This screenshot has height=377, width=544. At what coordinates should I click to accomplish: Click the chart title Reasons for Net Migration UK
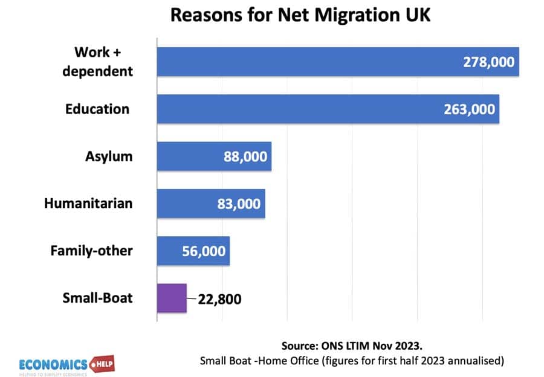click(x=300, y=15)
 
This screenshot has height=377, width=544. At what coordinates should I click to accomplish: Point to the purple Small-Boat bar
click(x=172, y=298)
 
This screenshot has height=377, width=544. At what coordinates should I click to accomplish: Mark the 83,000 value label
click(x=239, y=204)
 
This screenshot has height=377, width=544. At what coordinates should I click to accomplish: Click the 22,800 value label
click(x=218, y=299)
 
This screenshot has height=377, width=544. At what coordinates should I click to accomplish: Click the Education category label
click(x=97, y=109)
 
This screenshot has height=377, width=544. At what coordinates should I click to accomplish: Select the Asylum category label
click(x=109, y=156)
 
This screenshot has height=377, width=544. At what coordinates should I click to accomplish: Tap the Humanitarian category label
click(x=88, y=204)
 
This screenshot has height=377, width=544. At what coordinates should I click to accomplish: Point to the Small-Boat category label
click(x=97, y=298)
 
